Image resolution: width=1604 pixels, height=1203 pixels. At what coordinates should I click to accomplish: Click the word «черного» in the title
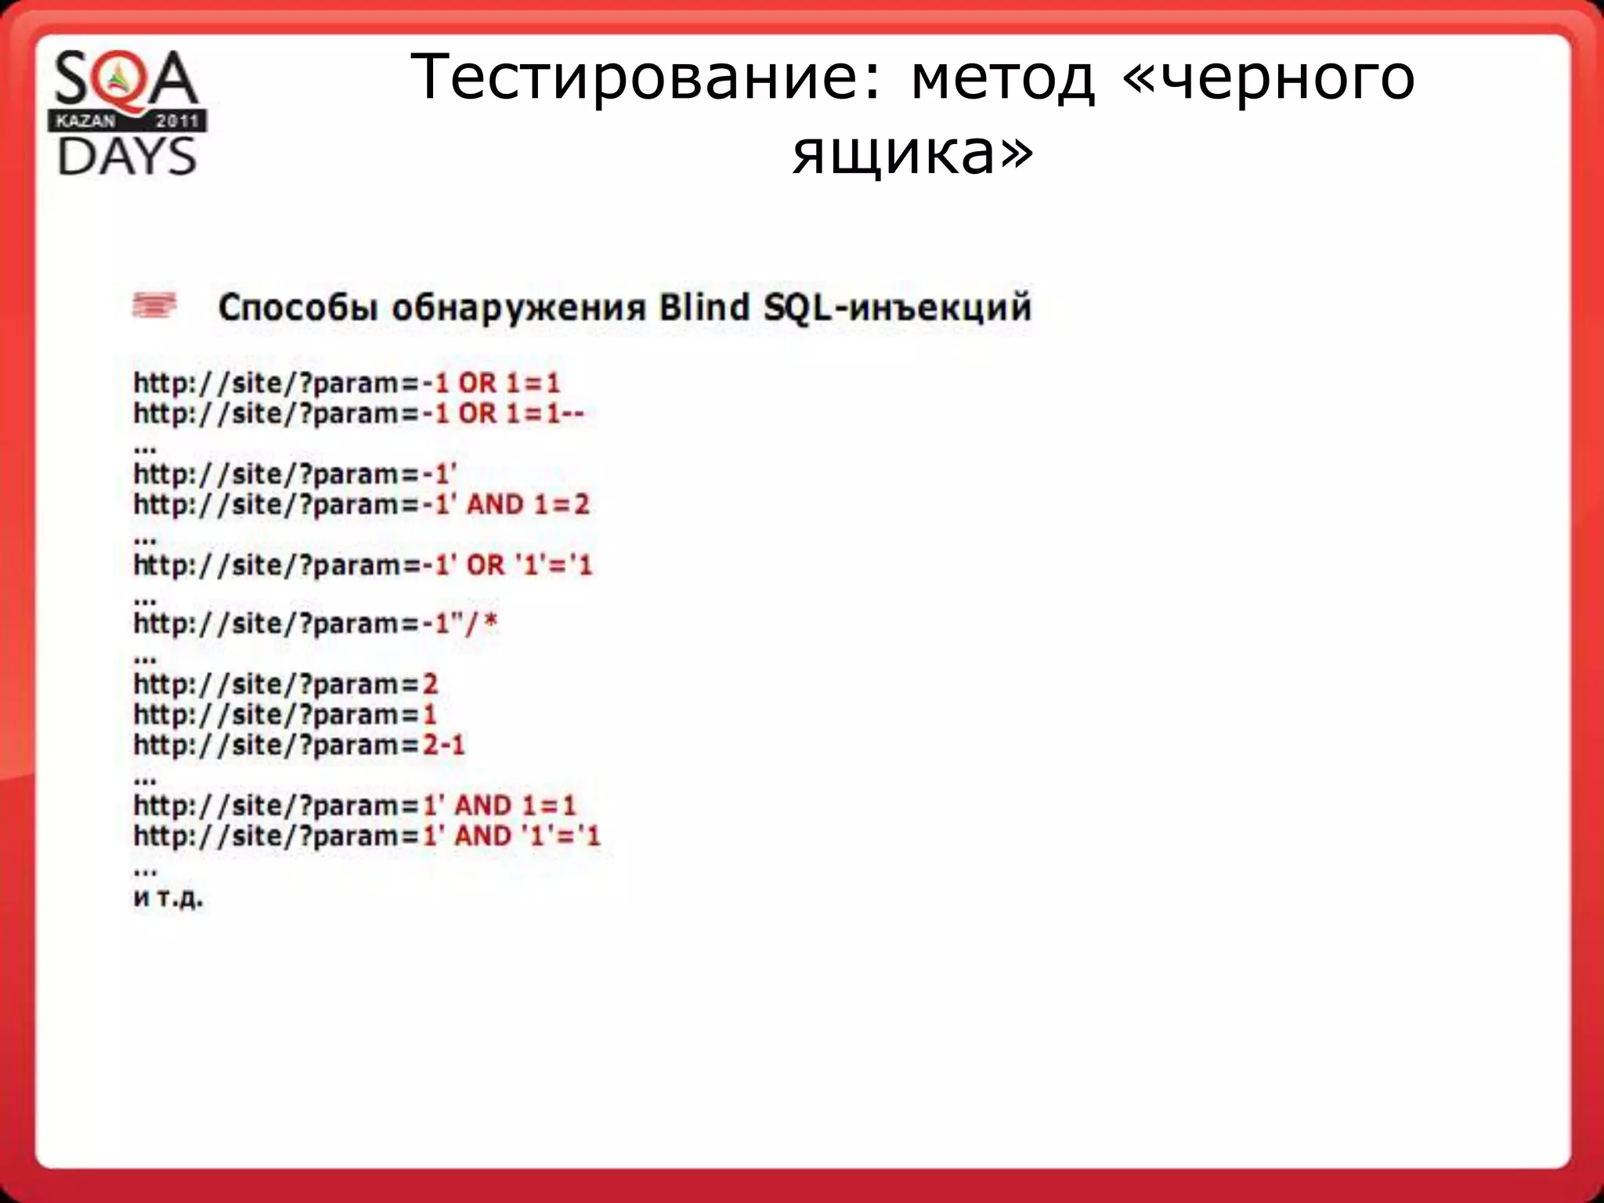click(x=1269, y=78)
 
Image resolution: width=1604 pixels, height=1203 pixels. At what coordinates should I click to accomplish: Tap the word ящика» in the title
click(x=912, y=153)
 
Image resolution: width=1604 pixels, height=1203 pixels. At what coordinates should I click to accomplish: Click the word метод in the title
click(x=1002, y=78)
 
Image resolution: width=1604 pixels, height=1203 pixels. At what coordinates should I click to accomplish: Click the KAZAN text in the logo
click(x=85, y=121)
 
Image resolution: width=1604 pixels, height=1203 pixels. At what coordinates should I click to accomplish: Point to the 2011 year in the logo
click(x=178, y=121)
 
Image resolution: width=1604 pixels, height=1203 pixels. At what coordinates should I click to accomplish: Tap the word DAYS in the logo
click(x=127, y=156)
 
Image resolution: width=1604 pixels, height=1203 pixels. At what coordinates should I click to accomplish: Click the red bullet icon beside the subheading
click(x=155, y=305)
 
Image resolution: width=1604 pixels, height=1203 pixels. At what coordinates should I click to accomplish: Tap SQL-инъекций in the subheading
click(x=898, y=307)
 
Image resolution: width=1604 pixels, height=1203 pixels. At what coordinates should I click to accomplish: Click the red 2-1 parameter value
click(x=444, y=744)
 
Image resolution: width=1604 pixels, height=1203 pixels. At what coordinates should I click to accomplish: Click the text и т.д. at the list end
click(x=168, y=898)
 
